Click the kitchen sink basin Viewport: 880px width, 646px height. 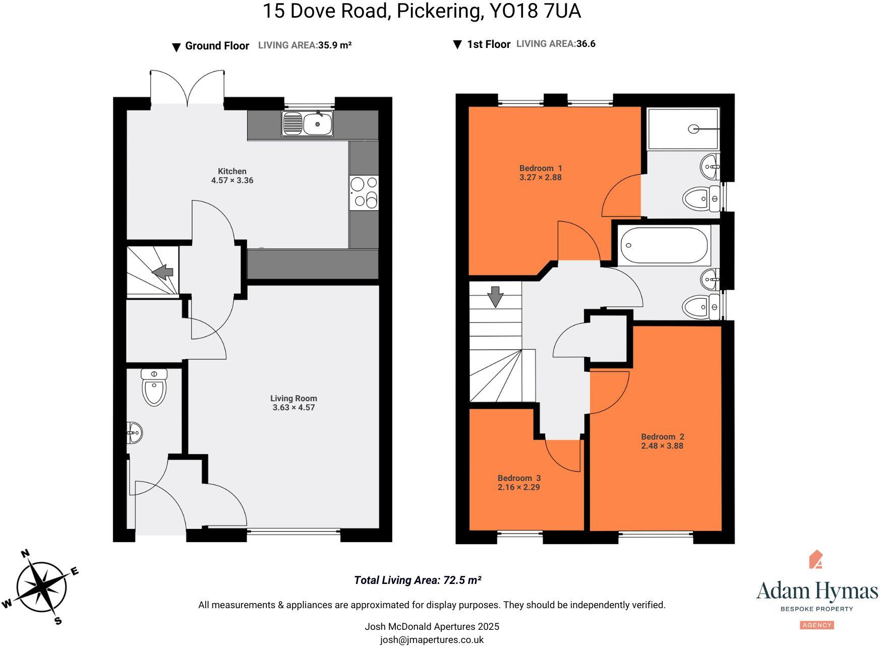click(318, 124)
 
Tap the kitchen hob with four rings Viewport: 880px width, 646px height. click(364, 192)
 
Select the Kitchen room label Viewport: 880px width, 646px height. click(232, 171)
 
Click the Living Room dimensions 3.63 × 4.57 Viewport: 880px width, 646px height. click(294, 408)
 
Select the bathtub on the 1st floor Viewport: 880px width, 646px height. click(664, 246)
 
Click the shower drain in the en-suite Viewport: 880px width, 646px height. click(693, 129)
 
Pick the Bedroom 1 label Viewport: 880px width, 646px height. click(540, 168)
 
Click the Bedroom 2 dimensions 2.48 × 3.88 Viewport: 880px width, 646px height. click(662, 446)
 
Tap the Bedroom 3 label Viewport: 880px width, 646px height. click(519, 478)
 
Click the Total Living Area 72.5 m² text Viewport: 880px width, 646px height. click(417, 580)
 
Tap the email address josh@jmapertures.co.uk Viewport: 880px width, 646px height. click(432, 640)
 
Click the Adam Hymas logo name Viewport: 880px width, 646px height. click(816, 591)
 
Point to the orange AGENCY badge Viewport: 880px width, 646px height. click(816, 625)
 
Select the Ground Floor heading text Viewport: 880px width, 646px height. click(217, 46)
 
